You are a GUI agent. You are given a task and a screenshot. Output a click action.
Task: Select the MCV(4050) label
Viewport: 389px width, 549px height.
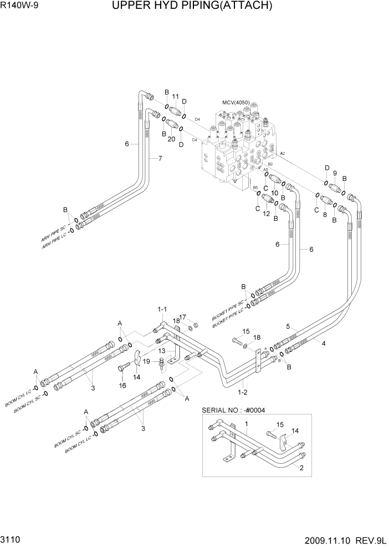[x=236, y=103]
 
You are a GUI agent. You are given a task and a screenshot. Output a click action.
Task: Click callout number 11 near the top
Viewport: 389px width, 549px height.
[x=175, y=97]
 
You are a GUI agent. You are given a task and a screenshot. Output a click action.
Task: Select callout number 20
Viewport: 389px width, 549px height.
[x=171, y=139]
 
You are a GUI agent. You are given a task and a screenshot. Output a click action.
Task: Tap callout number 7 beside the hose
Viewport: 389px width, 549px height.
[x=160, y=159]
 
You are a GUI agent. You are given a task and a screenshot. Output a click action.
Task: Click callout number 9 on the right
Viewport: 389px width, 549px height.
[x=335, y=173]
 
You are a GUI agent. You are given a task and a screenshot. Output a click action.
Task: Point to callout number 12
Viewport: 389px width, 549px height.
[x=267, y=214]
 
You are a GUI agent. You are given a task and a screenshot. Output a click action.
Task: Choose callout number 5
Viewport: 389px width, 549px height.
[x=288, y=326]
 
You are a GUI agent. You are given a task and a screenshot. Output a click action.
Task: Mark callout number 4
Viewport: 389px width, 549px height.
[x=323, y=343]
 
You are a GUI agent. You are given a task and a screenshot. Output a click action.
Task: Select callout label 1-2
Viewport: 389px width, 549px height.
[x=242, y=392]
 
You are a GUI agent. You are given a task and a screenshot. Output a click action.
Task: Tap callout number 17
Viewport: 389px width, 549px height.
[x=183, y=317]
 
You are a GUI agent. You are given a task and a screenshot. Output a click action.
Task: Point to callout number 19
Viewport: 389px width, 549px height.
[x=147, y=361]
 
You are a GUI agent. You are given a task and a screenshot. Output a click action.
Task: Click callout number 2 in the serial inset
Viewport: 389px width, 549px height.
[x=301, y=468]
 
